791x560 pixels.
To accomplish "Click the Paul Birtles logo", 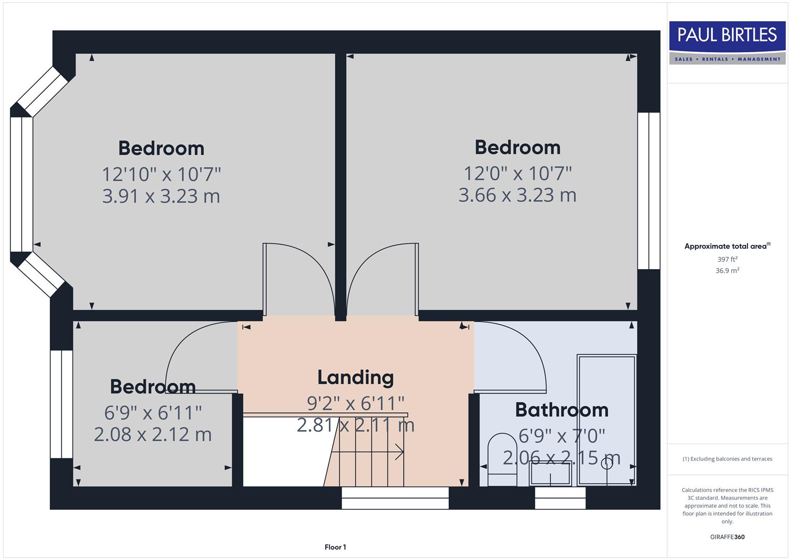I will pyautogui.click(x=727, y=43).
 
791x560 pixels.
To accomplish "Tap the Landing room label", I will pyautogui.click(x=355, y=377).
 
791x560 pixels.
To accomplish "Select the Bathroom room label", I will pyautogui.click(x=562, y=410).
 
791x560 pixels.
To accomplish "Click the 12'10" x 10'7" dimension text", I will pyautogui.click(x=161, y=174).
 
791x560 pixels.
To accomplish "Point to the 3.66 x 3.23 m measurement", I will pyautogui.click(x=517, y=195).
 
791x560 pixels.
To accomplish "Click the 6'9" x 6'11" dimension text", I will pyautogui.click(x=153, y=413).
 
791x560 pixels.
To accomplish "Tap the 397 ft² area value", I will pyautogui.click(x=727, y=259).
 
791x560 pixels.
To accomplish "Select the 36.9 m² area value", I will pyautogui.click(x=727, y=271).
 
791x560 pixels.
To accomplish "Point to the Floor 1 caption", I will pyautogui.click(x=335, y=547).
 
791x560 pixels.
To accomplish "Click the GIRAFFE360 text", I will pyautogui.click(x=727, y=537).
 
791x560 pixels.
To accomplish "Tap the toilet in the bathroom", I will pyautogui.click(x=501, y=459).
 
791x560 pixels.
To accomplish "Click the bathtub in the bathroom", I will pyautogui.click(x=607, y=420).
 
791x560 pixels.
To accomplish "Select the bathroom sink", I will pyautogui.click(x=550, y=473).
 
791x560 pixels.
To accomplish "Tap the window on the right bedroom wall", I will pyautogui.click(x=649, y=191).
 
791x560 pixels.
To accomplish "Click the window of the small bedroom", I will pyautogui.click(x=62, y=404).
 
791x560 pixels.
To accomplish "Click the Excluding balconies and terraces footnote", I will pyautogui.click(x=727, y=459).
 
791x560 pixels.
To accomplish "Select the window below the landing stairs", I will pyautogui.click(x=395, y=498).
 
